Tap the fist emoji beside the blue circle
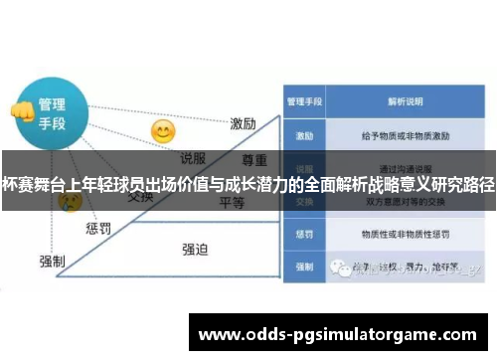[x=20, y=110]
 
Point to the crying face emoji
[x=70, y=202]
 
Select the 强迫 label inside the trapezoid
[x=195, y=249]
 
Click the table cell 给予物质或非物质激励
[x=406, y=133]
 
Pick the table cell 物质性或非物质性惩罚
[x=406, y=235]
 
